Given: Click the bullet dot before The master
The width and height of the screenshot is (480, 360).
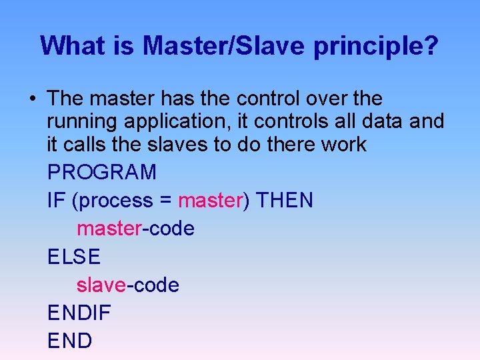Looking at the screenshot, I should click(x=33, y=99).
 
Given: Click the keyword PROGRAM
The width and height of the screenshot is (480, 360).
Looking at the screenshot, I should click(x=102, y=173).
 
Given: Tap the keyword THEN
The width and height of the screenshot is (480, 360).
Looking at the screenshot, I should click(x=285, y=201).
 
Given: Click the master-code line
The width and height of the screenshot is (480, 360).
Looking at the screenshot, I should click(x=135, y=229).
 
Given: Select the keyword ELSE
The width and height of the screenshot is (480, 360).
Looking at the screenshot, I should click(x=74, y=257).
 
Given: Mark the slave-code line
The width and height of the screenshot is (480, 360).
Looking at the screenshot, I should click(x=128, y=285).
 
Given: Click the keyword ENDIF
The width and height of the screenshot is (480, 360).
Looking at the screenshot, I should click(x=79, y=313).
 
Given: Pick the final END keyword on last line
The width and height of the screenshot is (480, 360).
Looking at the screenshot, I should click(x=70, y=341).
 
